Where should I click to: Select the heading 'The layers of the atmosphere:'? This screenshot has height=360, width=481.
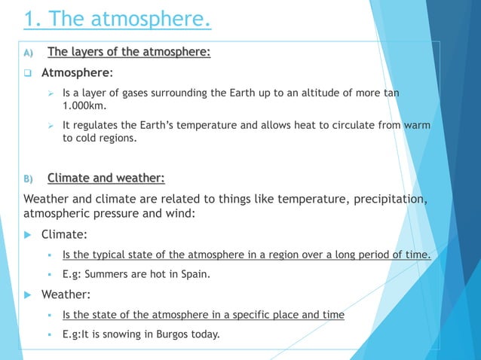pos(129,52)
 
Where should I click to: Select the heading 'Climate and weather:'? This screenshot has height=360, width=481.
pos(106,178)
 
